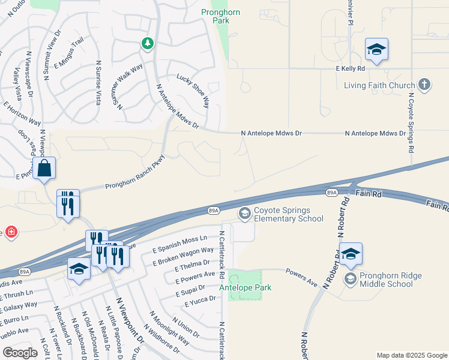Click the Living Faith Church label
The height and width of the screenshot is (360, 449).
379,85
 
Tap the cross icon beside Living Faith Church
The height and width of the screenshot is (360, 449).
424,84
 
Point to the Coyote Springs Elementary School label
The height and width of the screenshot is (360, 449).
289,215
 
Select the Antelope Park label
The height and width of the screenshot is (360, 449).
245,288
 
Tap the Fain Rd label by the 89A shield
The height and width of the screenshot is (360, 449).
368,194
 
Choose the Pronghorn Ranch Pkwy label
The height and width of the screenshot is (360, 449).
135,172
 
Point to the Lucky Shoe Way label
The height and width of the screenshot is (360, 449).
193,91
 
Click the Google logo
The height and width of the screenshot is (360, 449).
20,353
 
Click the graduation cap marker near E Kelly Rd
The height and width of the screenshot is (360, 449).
376,49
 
